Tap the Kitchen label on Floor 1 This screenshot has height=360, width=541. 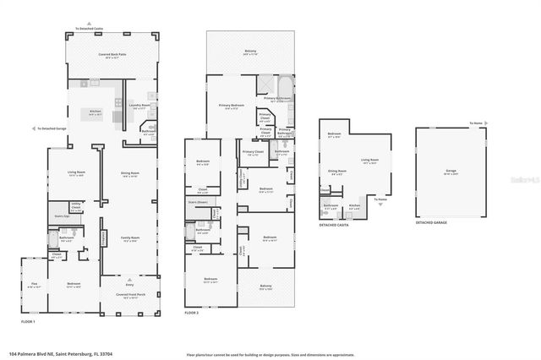point(96,111)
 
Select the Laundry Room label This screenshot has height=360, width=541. point(140,106)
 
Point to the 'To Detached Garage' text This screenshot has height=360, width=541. point(52,128)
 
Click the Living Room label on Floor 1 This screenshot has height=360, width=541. point(76,173)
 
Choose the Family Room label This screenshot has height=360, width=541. point(129,239)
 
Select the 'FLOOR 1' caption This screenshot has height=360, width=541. point(28,321)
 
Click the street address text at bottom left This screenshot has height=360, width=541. point(60,354)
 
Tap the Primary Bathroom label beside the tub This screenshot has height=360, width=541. point(282,98)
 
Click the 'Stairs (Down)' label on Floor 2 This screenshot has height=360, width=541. point(197,203)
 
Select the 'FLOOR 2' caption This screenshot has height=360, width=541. point(193,313)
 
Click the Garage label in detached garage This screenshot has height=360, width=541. point(451,171)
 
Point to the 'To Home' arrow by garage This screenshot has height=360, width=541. point(478,123)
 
